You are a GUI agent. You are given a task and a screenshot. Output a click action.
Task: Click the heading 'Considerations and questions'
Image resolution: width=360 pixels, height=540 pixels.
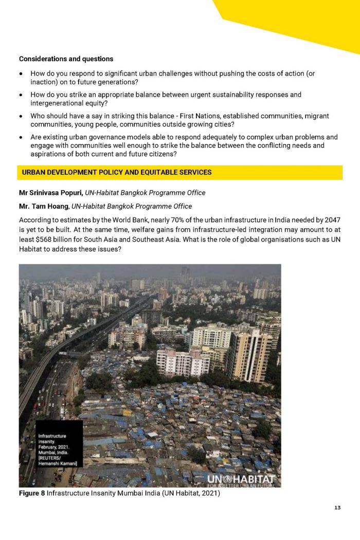[66, 59]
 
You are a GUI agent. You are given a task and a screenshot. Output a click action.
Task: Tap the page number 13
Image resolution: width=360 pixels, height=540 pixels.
[337, 508]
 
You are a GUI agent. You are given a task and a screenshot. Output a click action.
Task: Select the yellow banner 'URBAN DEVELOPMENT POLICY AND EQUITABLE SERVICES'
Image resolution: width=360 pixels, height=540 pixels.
[180, 172]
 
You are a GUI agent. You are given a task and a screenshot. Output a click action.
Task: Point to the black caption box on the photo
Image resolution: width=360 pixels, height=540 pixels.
[59, 451]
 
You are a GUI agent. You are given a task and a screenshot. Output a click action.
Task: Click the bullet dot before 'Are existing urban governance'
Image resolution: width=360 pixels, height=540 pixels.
[21, 137]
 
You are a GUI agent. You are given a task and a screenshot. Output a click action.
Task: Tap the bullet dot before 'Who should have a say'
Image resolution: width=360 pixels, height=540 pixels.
[21, 116]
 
